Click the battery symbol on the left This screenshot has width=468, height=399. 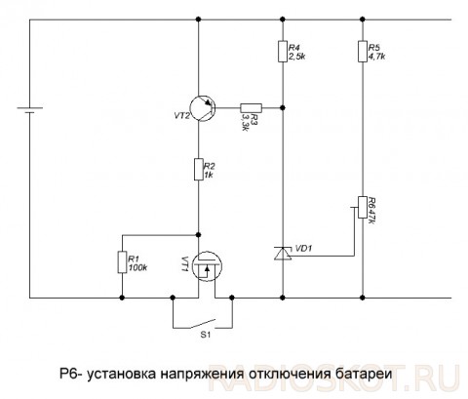[30, 110]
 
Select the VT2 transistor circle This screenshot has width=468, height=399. [203, 108]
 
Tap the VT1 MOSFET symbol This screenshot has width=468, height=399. [207, 266]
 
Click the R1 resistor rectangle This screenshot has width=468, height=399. [122, 262]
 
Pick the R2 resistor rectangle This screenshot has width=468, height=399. [199, 169]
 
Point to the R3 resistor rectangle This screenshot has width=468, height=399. [251, 108]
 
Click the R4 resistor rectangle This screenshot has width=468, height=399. [283, 51]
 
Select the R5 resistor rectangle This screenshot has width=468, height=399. [363, 51]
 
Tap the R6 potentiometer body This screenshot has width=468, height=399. [363, 207]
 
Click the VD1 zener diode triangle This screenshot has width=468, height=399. [283, 254]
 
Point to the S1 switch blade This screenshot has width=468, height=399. [203, 324]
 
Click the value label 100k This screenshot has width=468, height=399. [137, 268]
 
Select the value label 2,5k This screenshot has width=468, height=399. [297, 57]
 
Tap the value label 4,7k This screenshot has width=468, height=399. [377, 57]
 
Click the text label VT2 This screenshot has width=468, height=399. [181, 116]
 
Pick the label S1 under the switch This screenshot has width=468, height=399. [205, 335]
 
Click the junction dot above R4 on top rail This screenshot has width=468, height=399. [283, 20]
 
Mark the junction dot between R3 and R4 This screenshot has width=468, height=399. [283, 107]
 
